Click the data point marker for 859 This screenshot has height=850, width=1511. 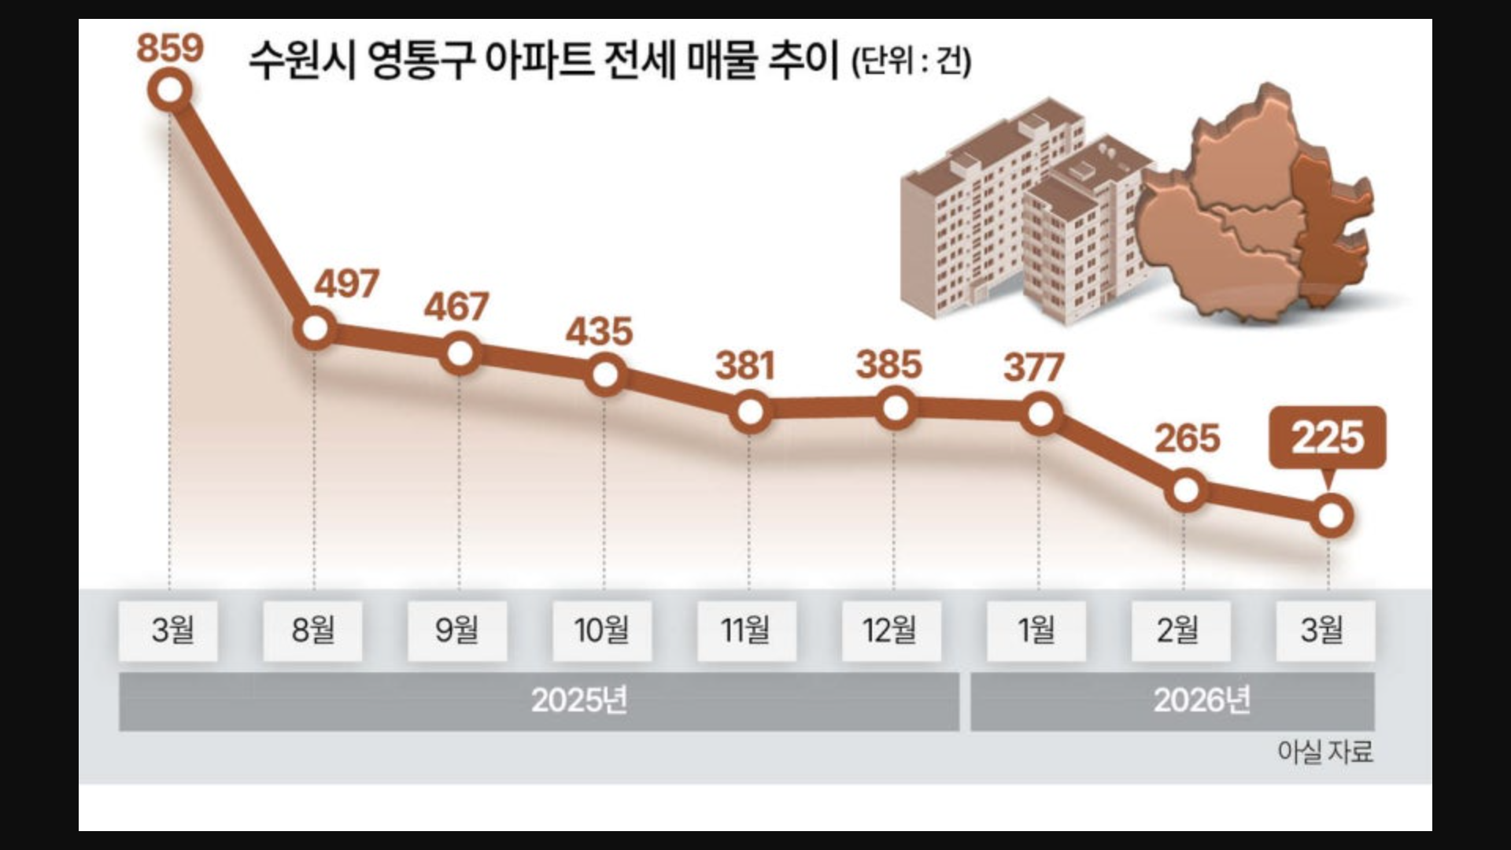point(170,90)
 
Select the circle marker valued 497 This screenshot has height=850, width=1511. point(315,327)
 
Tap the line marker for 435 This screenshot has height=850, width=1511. point(605,374)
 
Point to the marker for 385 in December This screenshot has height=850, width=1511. point(895,408)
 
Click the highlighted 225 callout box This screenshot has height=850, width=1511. point(1328,438)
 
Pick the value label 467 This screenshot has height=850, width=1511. point(456,306)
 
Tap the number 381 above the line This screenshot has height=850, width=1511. point(745,366)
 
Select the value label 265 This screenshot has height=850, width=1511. point(1187,438)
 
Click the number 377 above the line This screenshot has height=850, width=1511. point(1033,368)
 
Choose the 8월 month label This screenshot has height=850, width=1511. point(312,630)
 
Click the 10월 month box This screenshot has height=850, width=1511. point(602,630)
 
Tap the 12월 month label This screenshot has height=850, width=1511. point(891,630)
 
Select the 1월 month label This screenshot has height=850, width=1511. point(1036,630)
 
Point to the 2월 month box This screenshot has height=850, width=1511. point(1180,630)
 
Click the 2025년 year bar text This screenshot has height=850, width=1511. point(579,700)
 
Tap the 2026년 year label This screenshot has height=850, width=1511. point(1202,700)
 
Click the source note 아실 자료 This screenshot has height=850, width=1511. point(1325,752)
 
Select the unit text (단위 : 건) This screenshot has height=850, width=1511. point(911,61)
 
